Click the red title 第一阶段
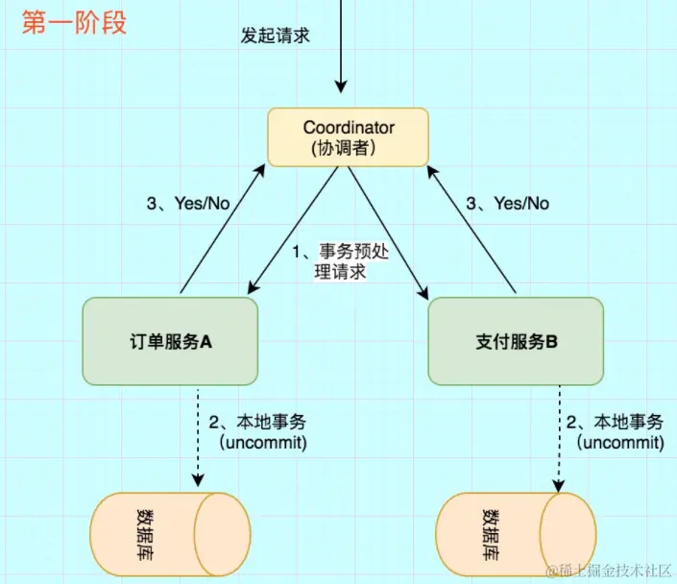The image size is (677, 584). [74, 23]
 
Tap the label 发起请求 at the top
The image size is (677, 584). [276, 36]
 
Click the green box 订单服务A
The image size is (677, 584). [170, 341]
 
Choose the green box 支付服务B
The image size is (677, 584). [516, 341]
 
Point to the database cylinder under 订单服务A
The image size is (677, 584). [170, 534]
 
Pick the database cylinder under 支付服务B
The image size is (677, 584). [516, 534]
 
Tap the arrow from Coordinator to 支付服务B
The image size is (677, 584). [381, 229]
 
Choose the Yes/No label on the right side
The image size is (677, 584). [507, 203]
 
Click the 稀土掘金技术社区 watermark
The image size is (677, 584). [608, 570]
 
